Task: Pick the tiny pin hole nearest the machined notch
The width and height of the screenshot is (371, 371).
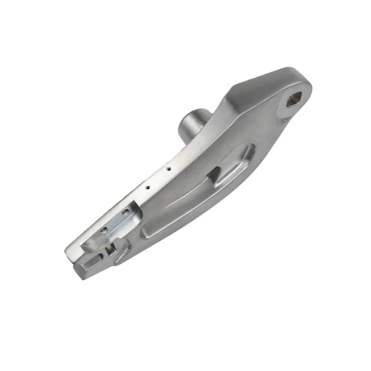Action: [148, 188]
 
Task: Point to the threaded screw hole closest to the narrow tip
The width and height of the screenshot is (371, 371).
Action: [104, 230]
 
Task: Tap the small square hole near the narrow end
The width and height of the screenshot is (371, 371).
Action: [110, 252]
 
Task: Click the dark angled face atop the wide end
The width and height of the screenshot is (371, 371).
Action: [260, 83]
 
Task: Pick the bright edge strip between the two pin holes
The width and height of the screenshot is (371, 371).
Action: [159, 178]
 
